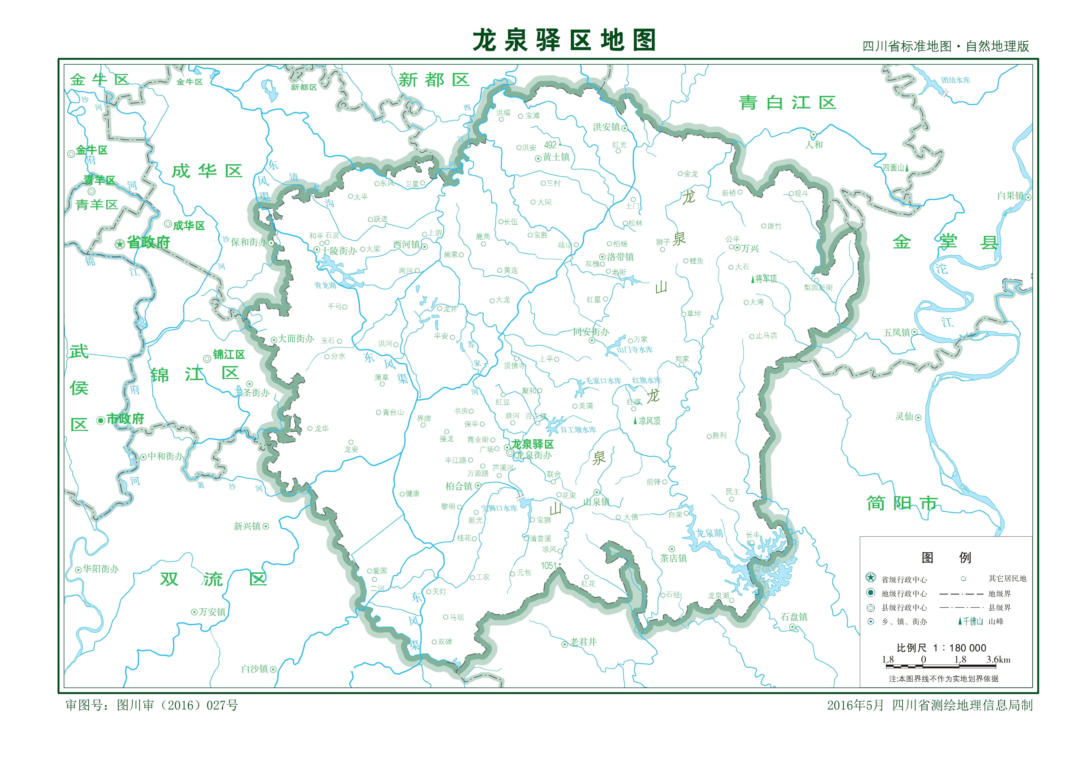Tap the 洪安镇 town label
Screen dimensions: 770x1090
coord(606,127)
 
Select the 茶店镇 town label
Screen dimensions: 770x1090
coord(673,558)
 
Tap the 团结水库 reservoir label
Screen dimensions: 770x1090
coord(956,80)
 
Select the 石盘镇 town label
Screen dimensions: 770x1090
coord(794,617)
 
